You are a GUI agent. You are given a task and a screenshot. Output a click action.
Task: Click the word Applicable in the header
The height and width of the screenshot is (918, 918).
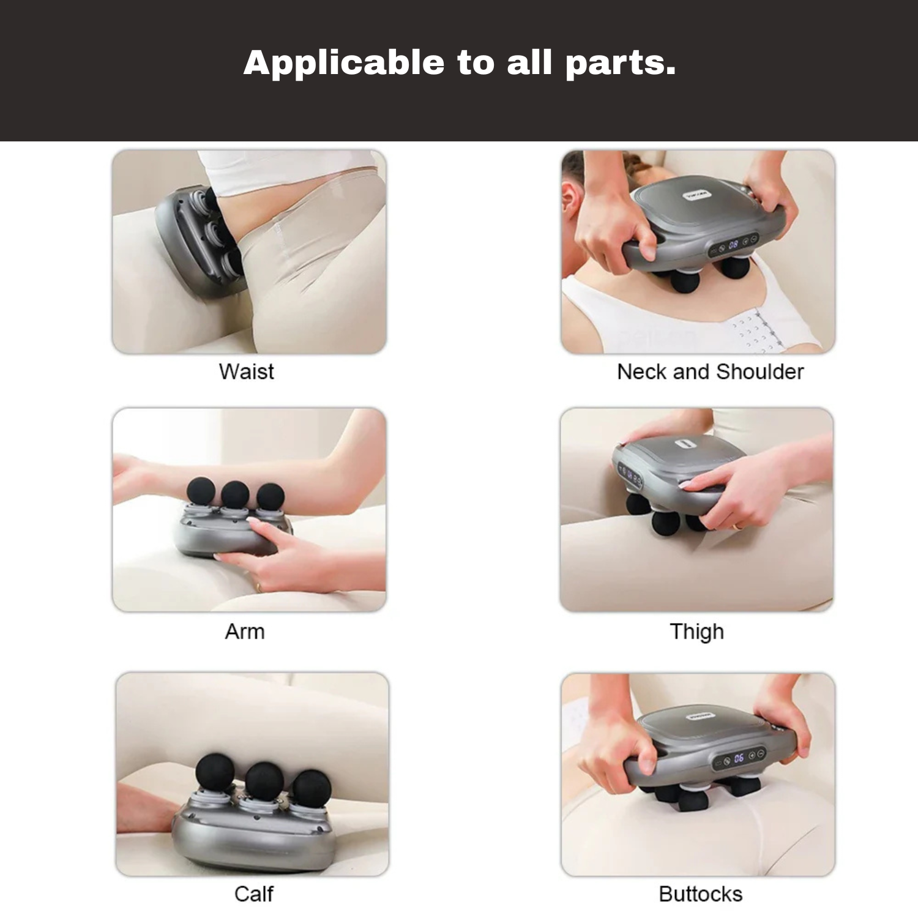point(345,63)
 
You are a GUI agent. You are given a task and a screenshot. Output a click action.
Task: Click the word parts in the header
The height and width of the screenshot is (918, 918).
point(620,64)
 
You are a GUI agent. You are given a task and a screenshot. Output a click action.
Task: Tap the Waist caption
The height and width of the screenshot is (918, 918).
point(247,371)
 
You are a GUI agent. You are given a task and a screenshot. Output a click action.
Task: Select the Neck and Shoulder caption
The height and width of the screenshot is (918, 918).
point(710,371)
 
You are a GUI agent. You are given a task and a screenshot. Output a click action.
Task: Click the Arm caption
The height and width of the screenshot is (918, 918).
point(245,631)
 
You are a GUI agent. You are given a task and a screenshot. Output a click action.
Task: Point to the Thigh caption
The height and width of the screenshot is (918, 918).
point(697,632)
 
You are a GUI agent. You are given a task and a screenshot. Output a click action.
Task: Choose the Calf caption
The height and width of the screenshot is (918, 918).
point(253,894)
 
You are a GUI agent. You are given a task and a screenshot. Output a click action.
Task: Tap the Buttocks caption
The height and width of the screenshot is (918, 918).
point(701,894)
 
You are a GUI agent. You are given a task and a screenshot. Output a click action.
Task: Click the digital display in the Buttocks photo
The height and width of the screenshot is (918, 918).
point(739,758)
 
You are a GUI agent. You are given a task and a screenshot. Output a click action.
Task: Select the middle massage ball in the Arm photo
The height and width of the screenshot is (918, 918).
point(235,494)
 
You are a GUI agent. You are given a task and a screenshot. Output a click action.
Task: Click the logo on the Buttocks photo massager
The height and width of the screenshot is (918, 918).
point(698,715)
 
